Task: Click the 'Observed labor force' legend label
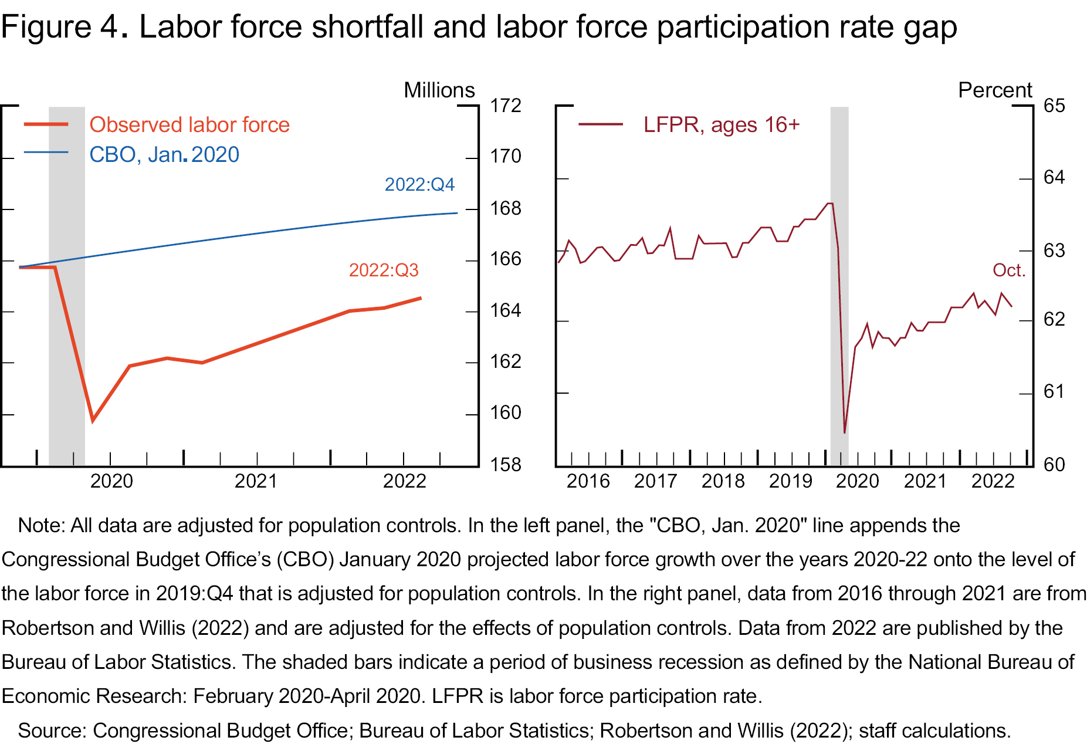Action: (189, 125)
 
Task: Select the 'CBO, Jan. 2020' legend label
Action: (164, 155)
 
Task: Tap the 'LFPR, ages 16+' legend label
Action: (721, 125)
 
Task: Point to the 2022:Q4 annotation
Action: (419, 185)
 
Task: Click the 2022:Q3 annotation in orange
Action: (384, 270)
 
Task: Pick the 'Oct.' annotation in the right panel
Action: (1008, 270)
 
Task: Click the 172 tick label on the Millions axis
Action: (505, 106)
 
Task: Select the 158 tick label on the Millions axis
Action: (505, 465)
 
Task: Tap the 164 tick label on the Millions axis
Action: (505, 310)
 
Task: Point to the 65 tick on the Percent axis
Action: (1054, 106)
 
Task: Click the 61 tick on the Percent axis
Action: (1054, 391)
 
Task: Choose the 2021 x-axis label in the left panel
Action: (256, 481)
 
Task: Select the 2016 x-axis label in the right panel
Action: (588, 481)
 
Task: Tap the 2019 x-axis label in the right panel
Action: (790, 481)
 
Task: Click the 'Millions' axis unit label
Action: (439, 90)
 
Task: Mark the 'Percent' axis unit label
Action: (994, 90)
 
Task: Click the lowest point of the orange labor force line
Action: (93, 421)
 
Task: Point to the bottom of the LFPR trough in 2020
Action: (844, 433)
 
